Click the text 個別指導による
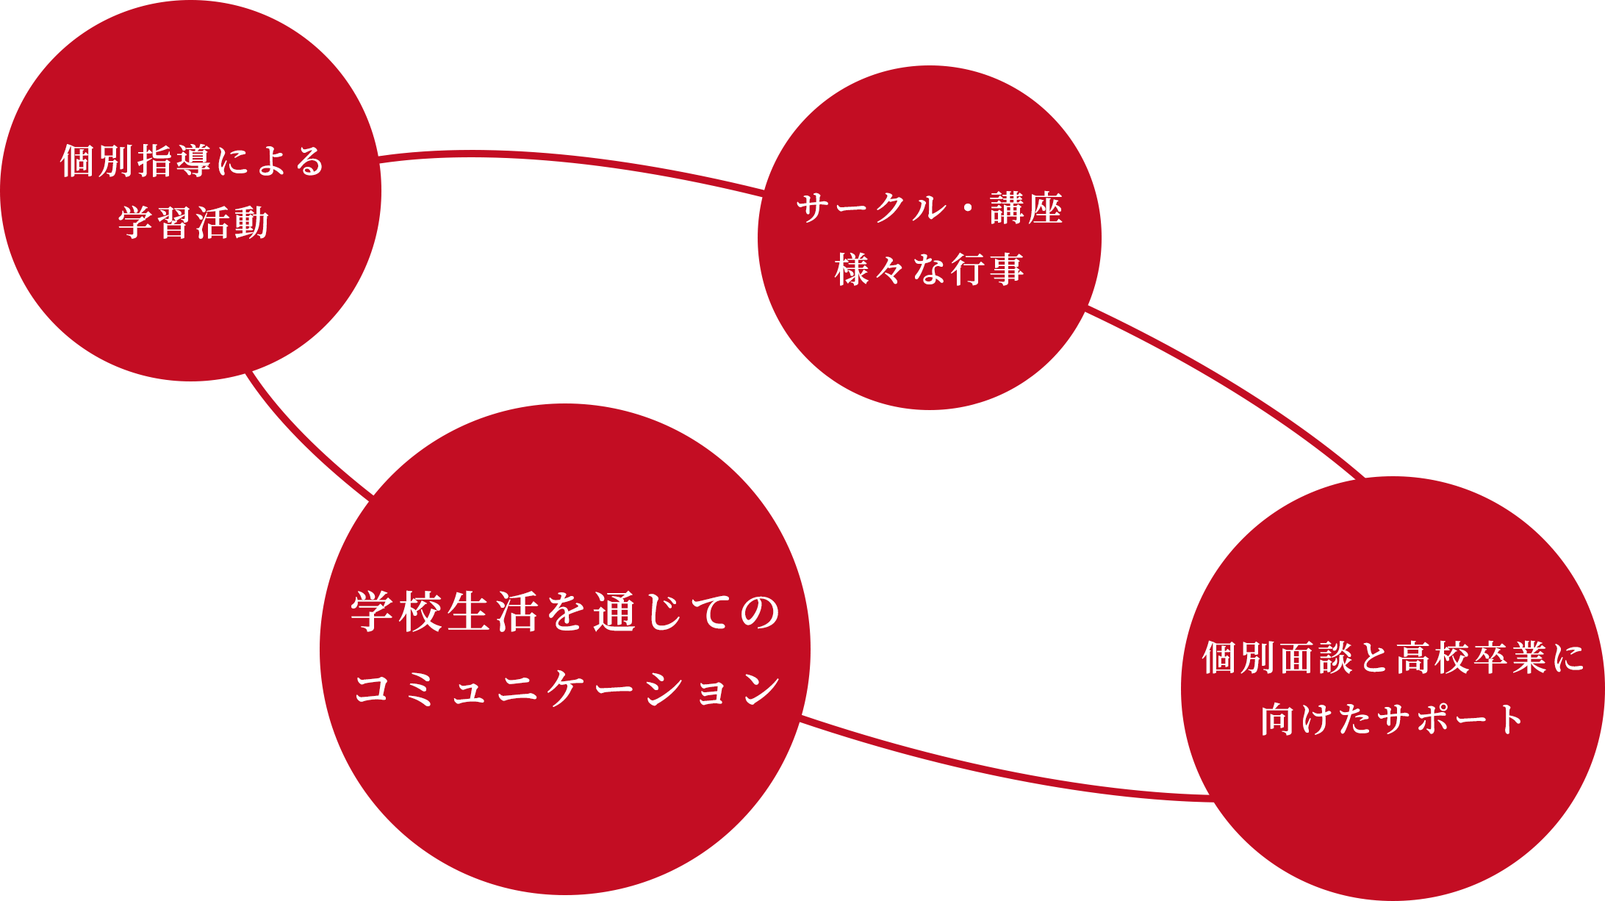tap(193, 161)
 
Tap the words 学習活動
tap(194, 222)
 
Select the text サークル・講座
tap(930, 209)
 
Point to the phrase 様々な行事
tap(930, 269)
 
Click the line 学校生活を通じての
tap(565, 613)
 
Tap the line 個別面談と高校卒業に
tap(1393, 658)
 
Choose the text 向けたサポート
tap(1393, 719)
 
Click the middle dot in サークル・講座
tap(967, 209)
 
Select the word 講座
tap(1026, 209)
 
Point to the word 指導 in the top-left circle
tap(174, 161)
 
